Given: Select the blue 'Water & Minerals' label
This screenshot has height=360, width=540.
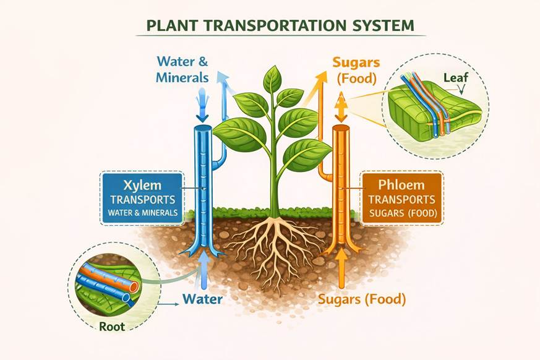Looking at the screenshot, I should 182,69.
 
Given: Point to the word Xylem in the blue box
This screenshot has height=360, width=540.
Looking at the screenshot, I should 142,186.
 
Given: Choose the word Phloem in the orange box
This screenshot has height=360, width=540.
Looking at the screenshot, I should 401,186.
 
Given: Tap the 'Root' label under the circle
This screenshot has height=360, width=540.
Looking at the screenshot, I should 112,326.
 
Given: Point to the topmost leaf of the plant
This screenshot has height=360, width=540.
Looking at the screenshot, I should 272,79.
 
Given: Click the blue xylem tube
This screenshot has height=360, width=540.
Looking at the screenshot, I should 203,186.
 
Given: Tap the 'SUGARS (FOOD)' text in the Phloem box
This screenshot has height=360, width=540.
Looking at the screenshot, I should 403,214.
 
